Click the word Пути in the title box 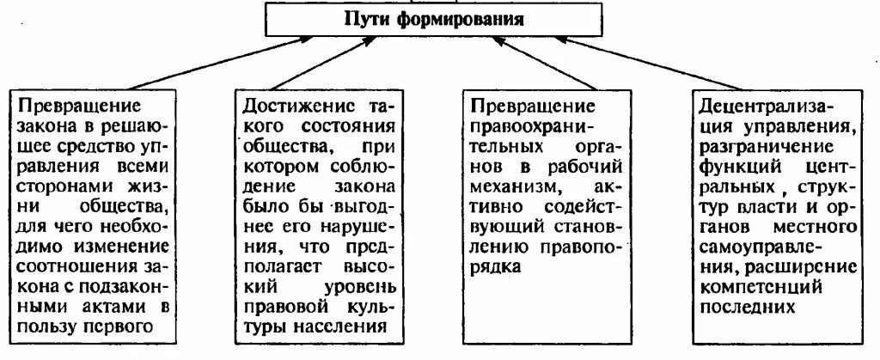[370, 18]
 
